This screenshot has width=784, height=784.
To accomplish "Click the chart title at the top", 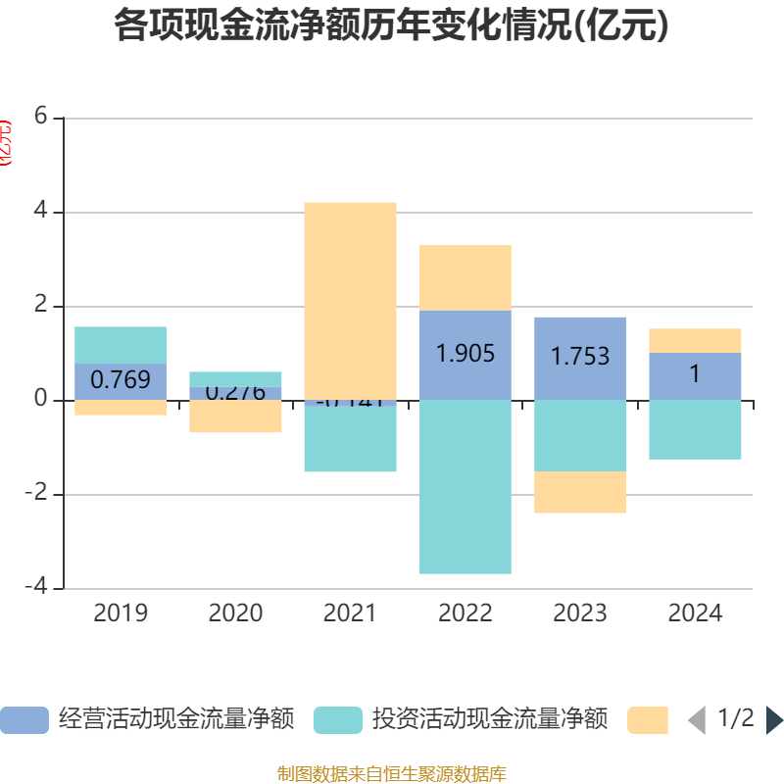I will point(392,25).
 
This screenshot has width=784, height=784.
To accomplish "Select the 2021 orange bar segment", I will point(350,299).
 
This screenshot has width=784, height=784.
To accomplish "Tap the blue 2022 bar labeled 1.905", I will point(465,355).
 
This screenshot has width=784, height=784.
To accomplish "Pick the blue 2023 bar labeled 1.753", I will point(580,358).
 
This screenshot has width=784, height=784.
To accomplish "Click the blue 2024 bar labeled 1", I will point(695,375).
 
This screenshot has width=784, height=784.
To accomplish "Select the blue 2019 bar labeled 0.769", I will point(121,381).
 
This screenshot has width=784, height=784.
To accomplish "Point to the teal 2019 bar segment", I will point(121,345).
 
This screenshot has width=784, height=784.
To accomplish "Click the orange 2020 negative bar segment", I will point(235,416).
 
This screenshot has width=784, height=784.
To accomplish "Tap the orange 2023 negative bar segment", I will point(580,492).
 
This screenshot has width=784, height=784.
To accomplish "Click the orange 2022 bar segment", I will point(465,277).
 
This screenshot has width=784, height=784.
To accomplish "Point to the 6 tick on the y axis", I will point(40,118).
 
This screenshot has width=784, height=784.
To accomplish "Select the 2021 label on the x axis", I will point(350,613).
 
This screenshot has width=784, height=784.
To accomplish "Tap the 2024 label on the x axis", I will point(695,613).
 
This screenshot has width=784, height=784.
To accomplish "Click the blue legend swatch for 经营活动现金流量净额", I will point(24,720).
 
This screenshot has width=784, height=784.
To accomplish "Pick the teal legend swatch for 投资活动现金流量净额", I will point(338,720).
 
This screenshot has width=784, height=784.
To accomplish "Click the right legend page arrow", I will point(774,720).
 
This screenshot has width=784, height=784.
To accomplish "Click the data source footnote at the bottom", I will point(392,774).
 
